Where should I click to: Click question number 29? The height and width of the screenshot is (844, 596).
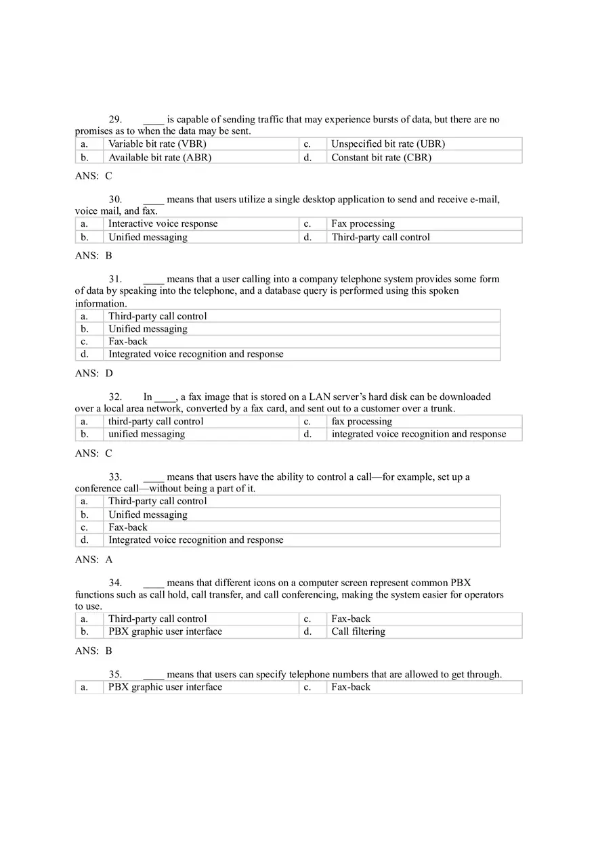pyautogui.click(x=115, y=120)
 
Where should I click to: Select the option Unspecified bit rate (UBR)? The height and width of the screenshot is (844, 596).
pyautogui.click(x=387, y=144)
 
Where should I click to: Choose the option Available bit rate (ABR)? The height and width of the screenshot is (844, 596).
pyautogui.click(x=160, y=158)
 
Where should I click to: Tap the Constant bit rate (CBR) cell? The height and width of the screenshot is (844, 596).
pyautogui.click(x=381, y=158)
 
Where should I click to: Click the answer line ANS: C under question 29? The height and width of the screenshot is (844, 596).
pyautogui.click(x=93, y=176)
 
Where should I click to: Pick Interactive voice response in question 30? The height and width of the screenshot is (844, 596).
pyautogui.click(x=163, y=224)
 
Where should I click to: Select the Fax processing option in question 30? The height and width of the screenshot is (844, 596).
pyautogui.click(x=362, y=224)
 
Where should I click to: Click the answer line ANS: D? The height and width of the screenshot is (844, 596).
pyautogui.click(x=93, y=374)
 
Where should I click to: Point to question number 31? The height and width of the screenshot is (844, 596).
pyautogui.click(x=115, y=279)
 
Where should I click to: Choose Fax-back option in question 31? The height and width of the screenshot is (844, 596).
pyautogui.click(x=127, y=342)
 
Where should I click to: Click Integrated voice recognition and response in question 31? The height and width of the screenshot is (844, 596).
pyautogui.click(x=196, y=355)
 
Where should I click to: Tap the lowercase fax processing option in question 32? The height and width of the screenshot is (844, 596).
pyautogui.click(x=361, y=422)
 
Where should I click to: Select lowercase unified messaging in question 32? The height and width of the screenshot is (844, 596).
pyautogui.click(x=146, y=435)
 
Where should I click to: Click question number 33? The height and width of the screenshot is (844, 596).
pyautogui.click(x=115, y=477)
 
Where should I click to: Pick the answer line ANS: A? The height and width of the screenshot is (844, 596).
pyautogui.click(x=93, y=560)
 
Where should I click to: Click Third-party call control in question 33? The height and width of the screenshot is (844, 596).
pyautogui.click(x=157, y=502)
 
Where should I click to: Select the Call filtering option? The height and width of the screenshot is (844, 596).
pyautogui.click(x=358, y=632)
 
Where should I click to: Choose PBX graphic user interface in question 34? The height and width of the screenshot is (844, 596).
pyautogui.click(x=165, y=632)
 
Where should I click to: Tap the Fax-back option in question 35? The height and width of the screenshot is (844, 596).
pyautogui.click(x=350, y=687)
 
